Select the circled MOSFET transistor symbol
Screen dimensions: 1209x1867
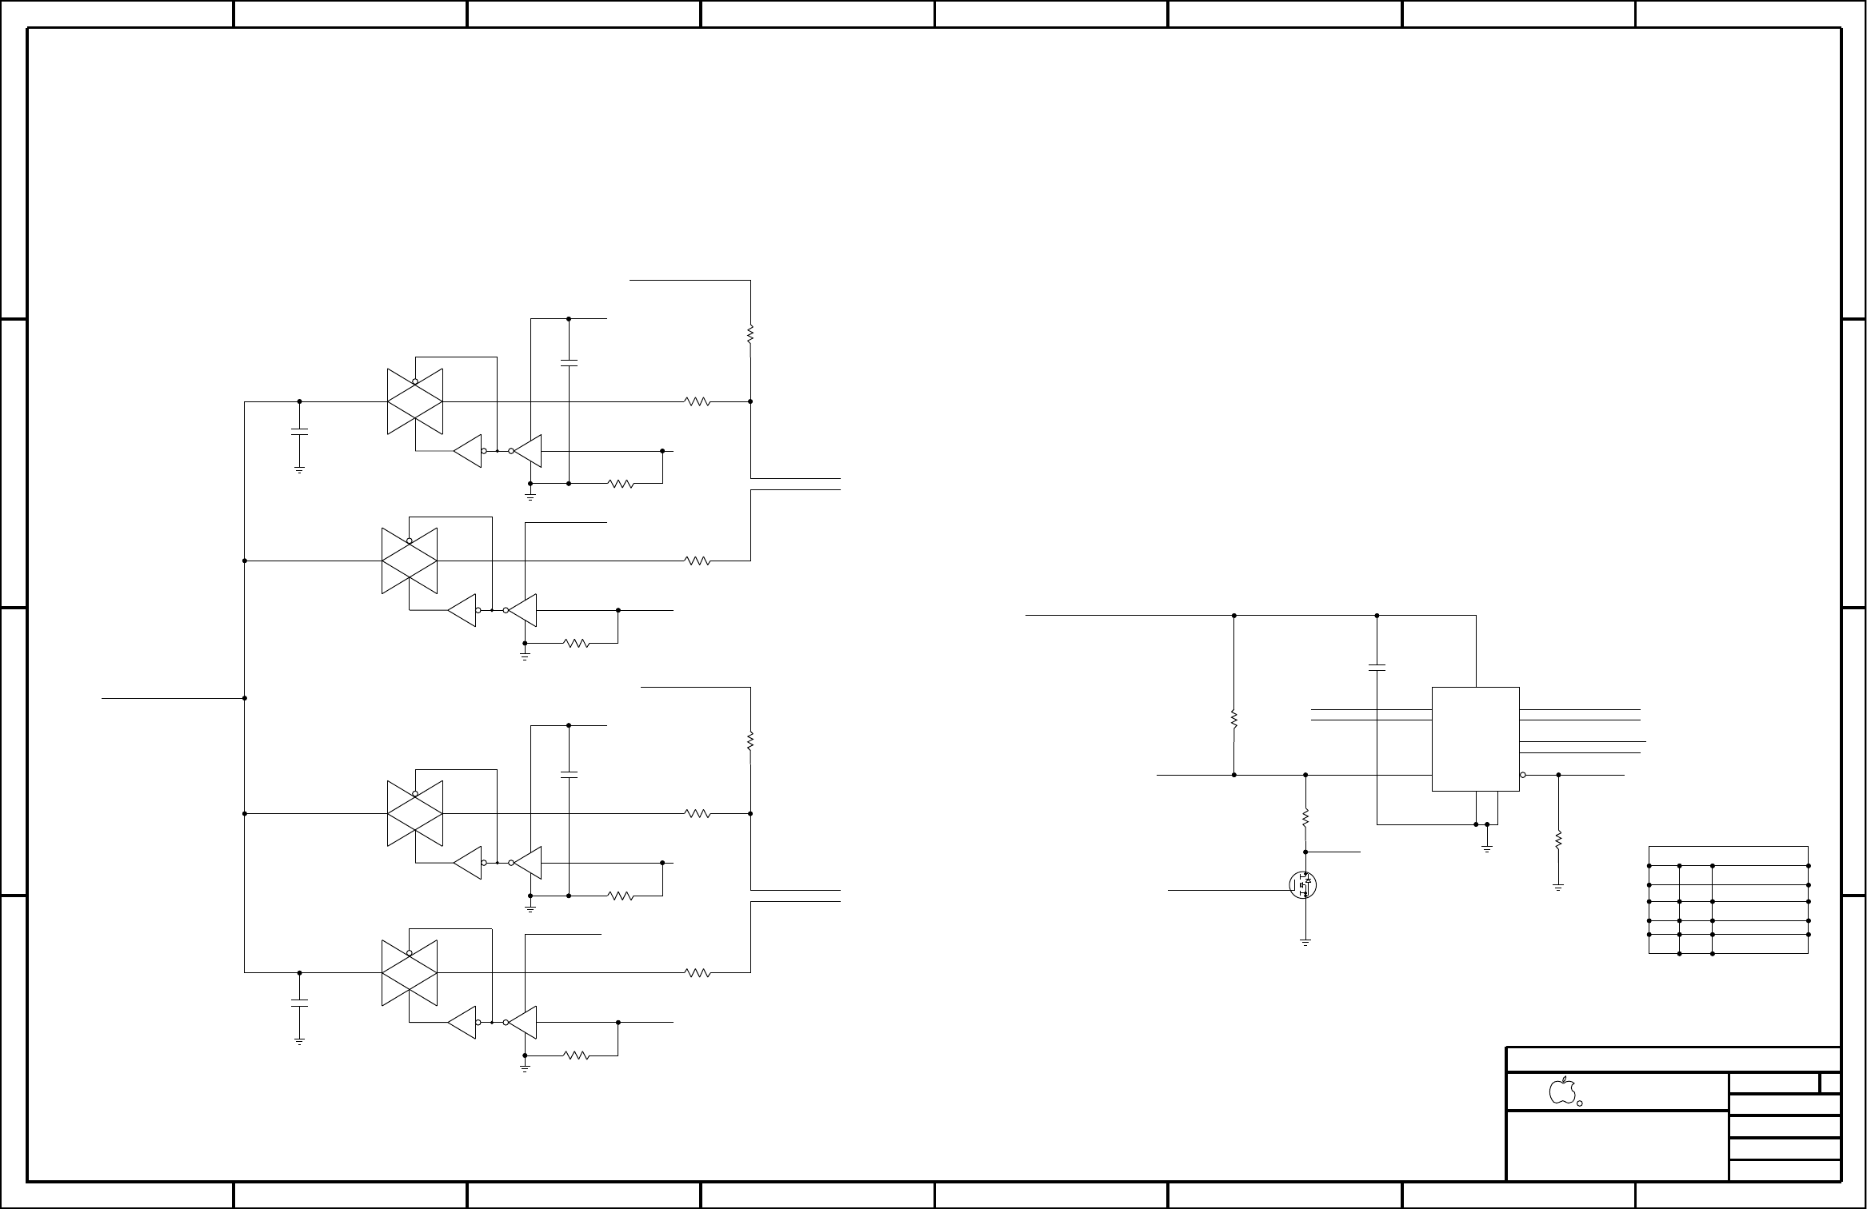pos(1303,885)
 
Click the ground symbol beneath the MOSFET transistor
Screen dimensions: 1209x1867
pos(1305,943)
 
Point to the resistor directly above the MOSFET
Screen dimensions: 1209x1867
pos(1305,819)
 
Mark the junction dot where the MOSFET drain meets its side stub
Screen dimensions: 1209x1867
pos(1305,852)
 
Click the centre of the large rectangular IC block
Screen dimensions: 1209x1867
pos(1475,739)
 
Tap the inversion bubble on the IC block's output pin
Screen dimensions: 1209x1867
pos(1523,775)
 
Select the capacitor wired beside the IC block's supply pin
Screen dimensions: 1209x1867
pos(1377,667)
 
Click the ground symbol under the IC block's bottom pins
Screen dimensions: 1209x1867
pos(1487,848)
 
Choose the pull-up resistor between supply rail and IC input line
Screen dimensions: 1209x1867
pos(1234,720)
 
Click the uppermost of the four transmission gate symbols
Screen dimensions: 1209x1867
pos(415,401)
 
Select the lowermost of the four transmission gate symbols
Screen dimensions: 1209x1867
pos(410,973)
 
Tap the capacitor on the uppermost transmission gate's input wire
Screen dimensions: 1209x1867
pos(299,432)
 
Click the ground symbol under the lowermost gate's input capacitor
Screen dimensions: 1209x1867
pos(299,1040)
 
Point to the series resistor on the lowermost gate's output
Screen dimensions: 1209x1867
pos(698,973)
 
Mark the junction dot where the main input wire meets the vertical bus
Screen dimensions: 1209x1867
pos(244,698)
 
